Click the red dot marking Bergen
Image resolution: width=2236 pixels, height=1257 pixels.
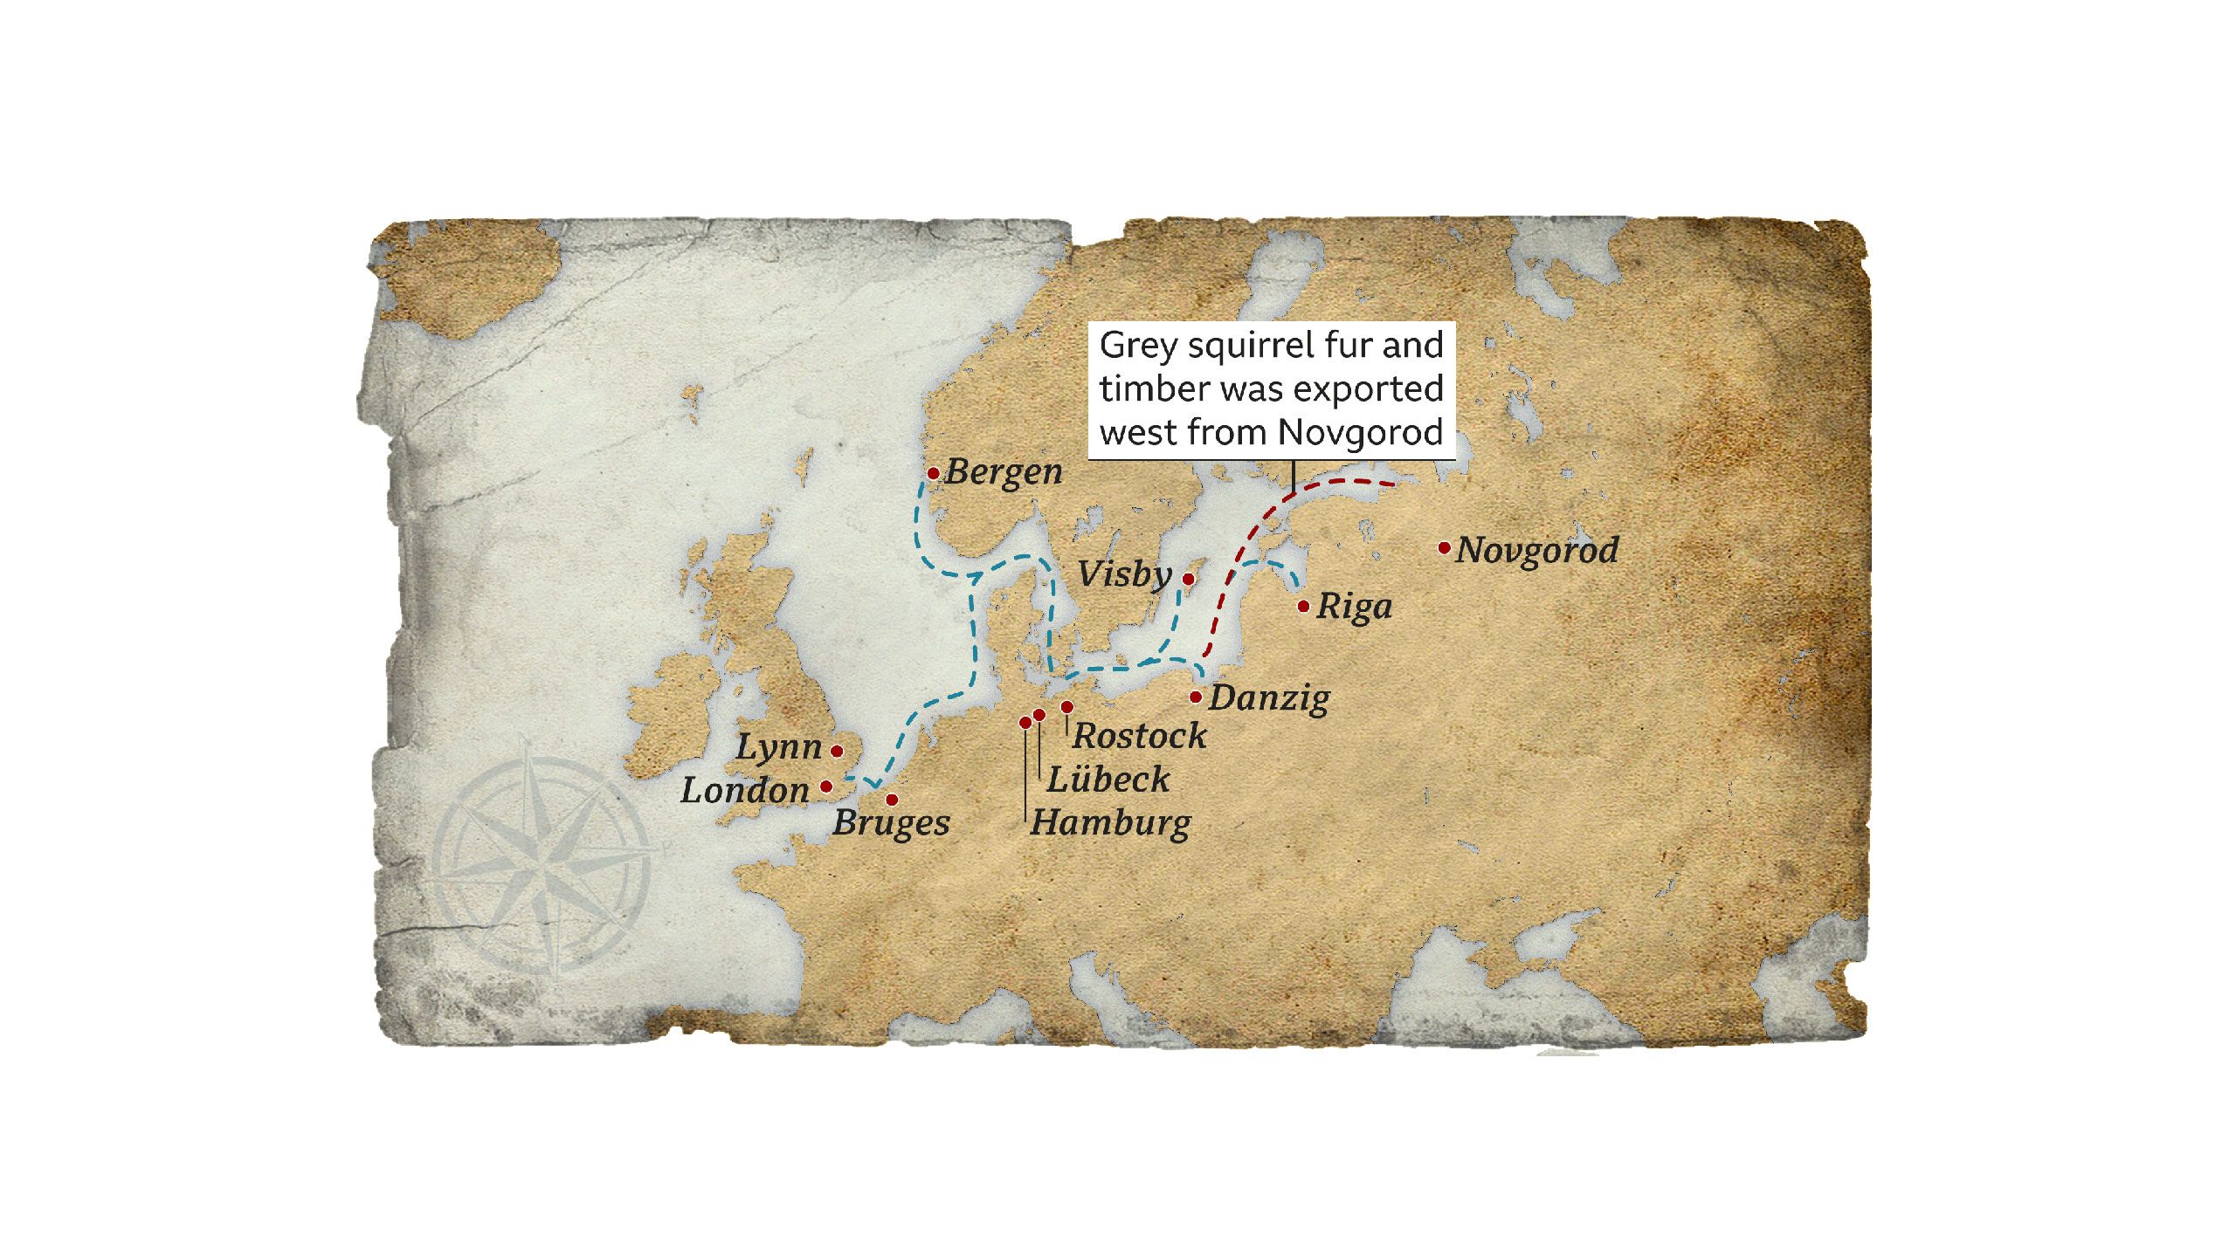tap(933, 473)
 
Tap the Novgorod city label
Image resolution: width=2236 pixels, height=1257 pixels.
tap(1536, 550)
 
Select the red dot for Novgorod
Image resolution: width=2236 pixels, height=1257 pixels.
tap(1444, 548)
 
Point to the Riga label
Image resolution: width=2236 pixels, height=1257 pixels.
tap(1354, 606)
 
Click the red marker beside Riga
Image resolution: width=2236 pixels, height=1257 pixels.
tap(1303, 606)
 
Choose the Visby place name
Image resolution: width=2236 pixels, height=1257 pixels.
tap(1124, 574)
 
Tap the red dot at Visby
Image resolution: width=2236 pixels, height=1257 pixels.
tap(1188, 579)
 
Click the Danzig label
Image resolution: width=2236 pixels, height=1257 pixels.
tap(1269, 697)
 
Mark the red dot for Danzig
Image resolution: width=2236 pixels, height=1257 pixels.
tap(1196, 697)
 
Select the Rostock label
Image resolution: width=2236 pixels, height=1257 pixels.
tap(1139, 736)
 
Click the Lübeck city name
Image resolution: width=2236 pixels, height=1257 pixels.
tap(1108, 780)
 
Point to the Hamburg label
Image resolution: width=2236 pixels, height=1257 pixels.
tap(1109, 822)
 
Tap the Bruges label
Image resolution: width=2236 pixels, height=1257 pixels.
tap(891, 822)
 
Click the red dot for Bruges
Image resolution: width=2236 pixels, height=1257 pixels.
tap(892, 800)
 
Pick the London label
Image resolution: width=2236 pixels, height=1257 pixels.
tap(745, 791)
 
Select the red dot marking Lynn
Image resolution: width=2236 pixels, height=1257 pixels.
tap(837, 751)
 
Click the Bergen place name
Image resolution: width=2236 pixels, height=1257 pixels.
tap(1004, 471)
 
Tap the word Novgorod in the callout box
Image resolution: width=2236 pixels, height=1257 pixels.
tap(1360, 432)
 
